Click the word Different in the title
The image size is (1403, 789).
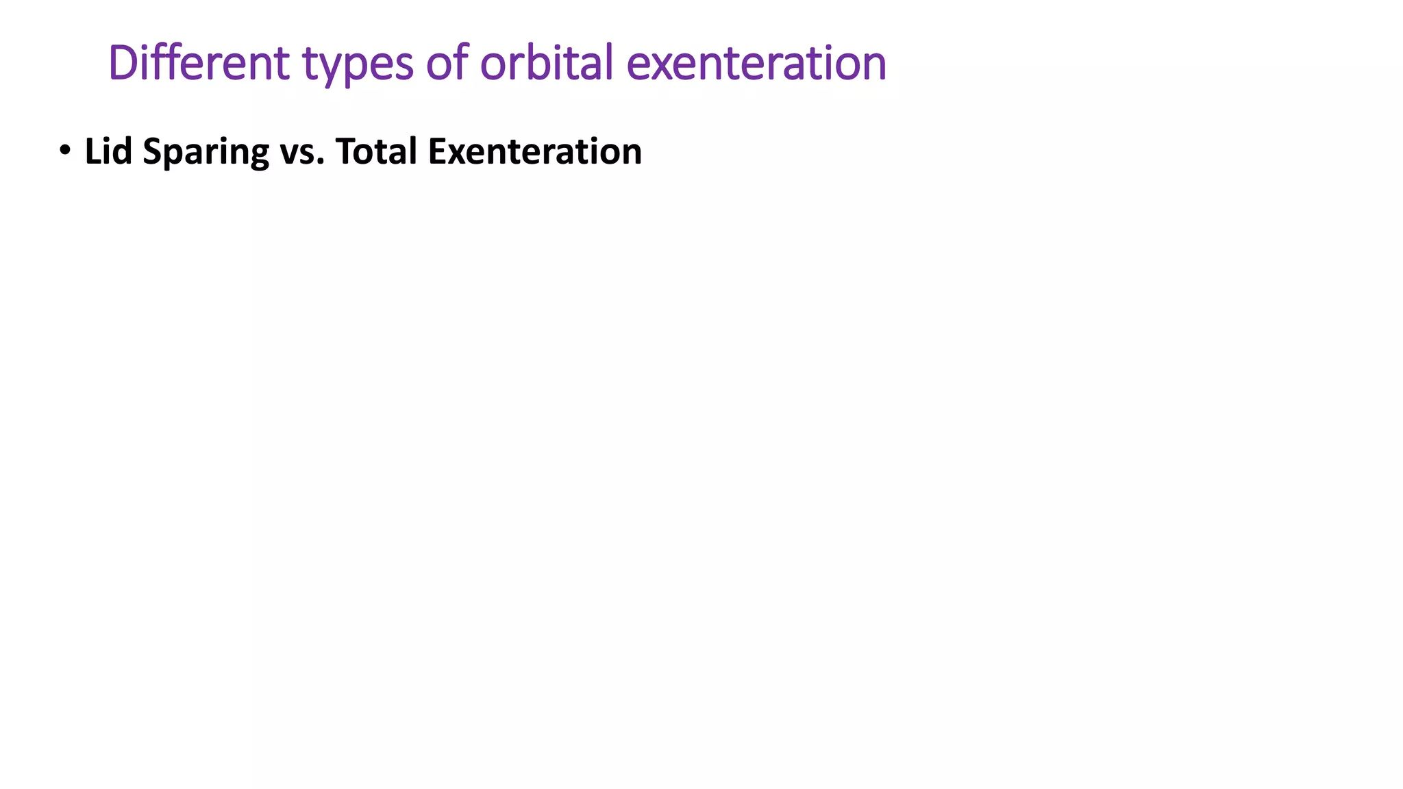tap(199, 62)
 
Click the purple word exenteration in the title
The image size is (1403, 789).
tap(756, 62)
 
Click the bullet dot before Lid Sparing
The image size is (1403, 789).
tap(64, 150)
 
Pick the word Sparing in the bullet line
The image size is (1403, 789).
tap(206, 153)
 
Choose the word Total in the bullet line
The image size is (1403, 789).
tap(376, 151)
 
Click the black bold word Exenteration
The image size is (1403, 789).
tap(534, 151)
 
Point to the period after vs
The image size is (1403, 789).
tap(320, 163)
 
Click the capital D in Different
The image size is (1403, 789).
tap(123, 63)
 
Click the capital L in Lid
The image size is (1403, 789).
tap(92, 151)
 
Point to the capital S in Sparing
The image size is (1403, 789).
tap(152, 151)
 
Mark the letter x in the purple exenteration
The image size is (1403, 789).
tap(662, 66)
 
